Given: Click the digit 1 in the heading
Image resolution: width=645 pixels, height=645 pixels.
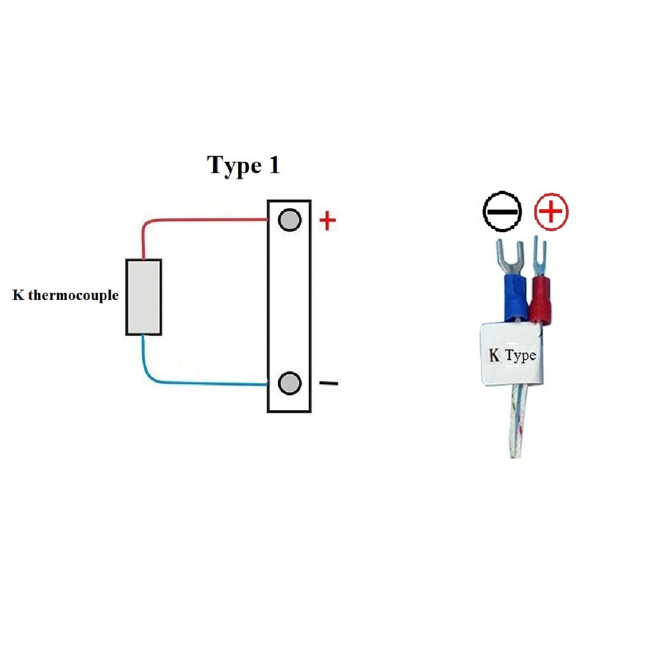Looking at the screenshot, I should [x=273, y=166].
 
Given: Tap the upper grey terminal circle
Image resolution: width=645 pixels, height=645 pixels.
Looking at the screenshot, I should [x=290, y=220].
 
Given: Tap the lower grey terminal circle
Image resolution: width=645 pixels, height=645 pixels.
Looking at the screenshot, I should [x=290, y=383].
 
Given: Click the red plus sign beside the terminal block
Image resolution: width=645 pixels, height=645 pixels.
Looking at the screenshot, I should [x=328, y=221].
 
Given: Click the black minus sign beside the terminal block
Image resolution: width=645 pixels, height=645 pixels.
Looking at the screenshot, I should [x=328, y=384].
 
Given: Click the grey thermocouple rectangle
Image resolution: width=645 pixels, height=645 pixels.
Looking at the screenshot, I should [x=143, y=297].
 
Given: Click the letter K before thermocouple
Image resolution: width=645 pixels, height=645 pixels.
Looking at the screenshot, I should [x=17, y=296].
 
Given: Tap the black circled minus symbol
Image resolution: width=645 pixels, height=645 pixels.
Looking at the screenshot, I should [x=502, y=211].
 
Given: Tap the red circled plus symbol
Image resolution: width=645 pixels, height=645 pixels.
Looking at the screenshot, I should [x=551, y=211].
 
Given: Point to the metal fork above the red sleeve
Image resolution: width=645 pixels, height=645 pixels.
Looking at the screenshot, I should [x=540, y=256].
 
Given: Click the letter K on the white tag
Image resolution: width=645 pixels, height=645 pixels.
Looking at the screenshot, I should [x=495, y=355].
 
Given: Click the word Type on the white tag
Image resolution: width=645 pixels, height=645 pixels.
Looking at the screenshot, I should [x=521, y=355].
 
